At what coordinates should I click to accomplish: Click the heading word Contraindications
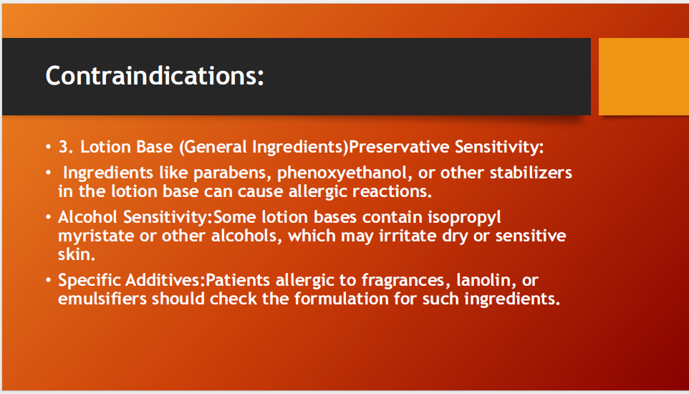pos(155,76)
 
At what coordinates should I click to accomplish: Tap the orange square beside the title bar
pos(643,76)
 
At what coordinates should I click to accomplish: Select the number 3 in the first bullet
pos(63,147)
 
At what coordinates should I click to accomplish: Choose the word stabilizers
pos(531,173)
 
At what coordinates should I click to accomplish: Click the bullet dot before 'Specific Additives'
pos(49,280)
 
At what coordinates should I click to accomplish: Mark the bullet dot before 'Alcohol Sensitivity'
pos(49,217)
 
